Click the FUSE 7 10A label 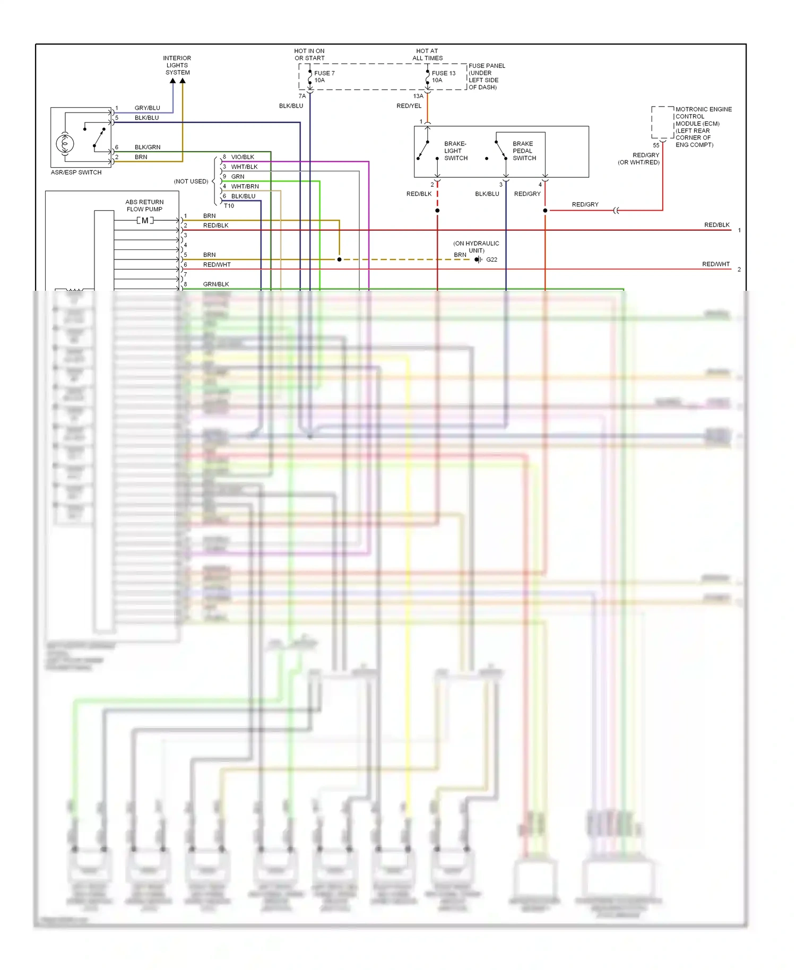tap(324, 76)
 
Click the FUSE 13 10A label tap(443, 76)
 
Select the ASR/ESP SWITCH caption tap(76, 172)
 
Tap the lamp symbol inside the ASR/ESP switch tap(65, 143)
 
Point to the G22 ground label tap(491, 259)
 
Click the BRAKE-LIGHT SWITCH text tap(455, 151)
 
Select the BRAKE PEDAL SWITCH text tap(524, 151)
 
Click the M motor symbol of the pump tap(145, 220)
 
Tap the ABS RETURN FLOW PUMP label tap(144, 205)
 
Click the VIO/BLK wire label tap(243, 157)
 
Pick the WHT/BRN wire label tap(245, 186)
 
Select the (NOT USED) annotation tap(191, 181)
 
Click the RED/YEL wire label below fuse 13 tap(409, 106)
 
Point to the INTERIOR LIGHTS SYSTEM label tap(177, 65)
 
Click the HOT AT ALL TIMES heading tap(427, 55)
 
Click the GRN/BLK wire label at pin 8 tap(216, 284)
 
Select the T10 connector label tap(229, 206)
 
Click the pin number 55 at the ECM tap(656, 145)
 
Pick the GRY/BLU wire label tap(147, 108)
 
